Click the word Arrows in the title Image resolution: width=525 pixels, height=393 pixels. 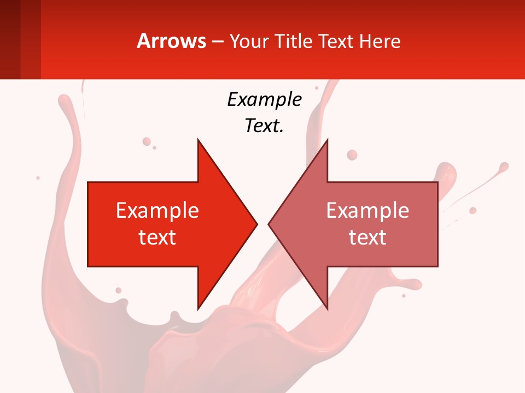pos(171,41)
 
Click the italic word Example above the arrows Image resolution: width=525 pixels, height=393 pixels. pos(264,99)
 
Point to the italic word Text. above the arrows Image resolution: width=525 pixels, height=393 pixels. pos(264,126)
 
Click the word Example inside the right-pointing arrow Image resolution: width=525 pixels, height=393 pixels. pos(157,211)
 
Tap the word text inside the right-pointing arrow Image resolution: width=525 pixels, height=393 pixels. pos(157,237)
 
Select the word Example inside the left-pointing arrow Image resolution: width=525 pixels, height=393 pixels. pos(367,211)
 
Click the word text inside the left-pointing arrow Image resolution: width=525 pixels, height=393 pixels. pos(367,237)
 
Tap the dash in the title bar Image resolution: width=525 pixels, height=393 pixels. pos(217,41)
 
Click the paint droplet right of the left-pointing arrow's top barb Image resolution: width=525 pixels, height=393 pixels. pos(352,155)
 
